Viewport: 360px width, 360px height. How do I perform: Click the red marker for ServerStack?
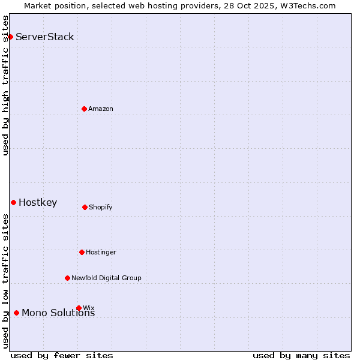coord(10,37)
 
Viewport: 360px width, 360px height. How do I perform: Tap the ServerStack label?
coord(45,37)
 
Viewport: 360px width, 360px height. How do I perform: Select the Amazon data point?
coord(85,109)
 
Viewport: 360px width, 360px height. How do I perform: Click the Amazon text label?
coord(101,109)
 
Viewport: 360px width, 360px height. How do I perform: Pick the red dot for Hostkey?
coord(13,203)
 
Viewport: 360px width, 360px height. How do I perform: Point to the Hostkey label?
coord(38,203)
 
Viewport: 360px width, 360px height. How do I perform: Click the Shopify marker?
coord(85,207)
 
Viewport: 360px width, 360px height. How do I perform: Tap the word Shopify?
coord(101,208)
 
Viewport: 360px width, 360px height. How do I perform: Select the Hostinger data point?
coord(82,252)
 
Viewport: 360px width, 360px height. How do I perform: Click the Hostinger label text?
coord(101,253)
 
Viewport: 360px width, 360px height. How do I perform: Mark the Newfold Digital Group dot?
coord(67,278)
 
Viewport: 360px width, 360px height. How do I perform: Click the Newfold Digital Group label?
coord(106,278)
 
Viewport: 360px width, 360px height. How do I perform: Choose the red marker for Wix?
coord(79,308)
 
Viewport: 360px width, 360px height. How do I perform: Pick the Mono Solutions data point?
coord(16,313)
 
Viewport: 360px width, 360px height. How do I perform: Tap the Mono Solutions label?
coord(58,313)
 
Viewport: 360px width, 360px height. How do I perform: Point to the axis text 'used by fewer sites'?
coord(62,355)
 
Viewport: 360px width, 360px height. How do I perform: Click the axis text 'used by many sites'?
coord(301,355)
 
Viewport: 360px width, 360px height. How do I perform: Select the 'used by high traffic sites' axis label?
coord(5,85)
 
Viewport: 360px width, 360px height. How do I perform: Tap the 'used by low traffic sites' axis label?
coord(5,281)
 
